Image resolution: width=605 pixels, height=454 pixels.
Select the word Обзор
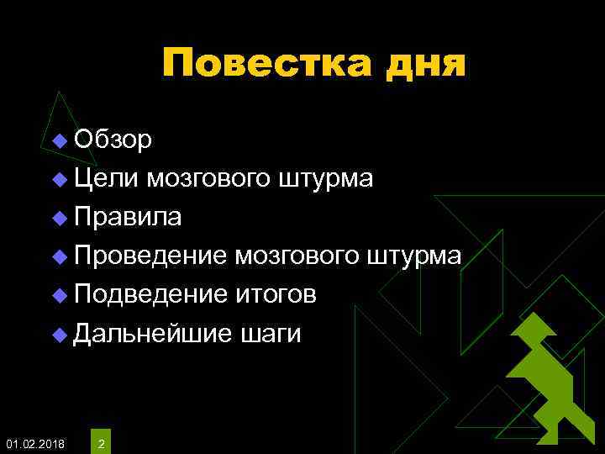click(113, 139)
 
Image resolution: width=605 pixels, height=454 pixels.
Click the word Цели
click(106, 178)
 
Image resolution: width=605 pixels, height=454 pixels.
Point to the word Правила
click(127, 217)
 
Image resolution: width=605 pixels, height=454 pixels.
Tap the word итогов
click(275, 294)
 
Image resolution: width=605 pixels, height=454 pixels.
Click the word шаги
click(270, 334)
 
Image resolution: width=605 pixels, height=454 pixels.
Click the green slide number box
click(102, 438)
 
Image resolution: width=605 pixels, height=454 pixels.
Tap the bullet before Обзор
click(58, 140)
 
